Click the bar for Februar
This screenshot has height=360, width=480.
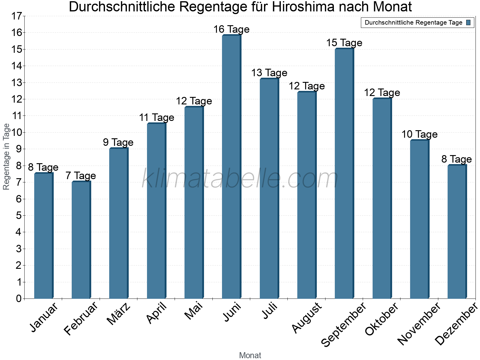pyautogui.click(x=81, y=240)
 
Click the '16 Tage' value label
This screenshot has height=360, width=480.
pyautogui.click(x=231, y=29)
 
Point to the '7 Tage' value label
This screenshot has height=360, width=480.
pyautogui.click(x=81, y=176)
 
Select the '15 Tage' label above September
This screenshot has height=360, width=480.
pyautogui.click(x=344, y=43)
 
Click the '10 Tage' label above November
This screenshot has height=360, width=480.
pyautogui.click(x=419, y=134)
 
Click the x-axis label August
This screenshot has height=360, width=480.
pyautogui.click(x=306, y=318)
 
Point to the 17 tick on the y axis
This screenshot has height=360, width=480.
pyautogui.click(x=17, y=16)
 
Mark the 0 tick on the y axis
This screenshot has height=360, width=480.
pyautogui.click(x=19, y=298)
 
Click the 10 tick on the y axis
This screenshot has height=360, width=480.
pyautogui.click(x=17, y=133)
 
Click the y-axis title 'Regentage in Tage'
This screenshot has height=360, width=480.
pyautogui.click(x=6, y=157)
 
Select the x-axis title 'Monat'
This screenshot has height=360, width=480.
pyautogui.click(x=250, y=355)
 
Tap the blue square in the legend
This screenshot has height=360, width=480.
pyautogui.click(x=469, y=22)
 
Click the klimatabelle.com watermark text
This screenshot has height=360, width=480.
pyautogui.click(x=240, y=179)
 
